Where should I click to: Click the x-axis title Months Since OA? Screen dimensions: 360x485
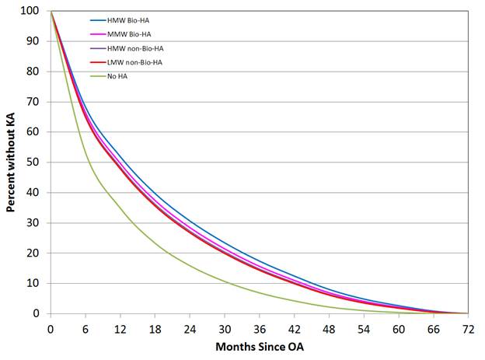coord(258,344)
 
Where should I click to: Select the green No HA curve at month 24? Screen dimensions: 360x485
coord(190,262)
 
